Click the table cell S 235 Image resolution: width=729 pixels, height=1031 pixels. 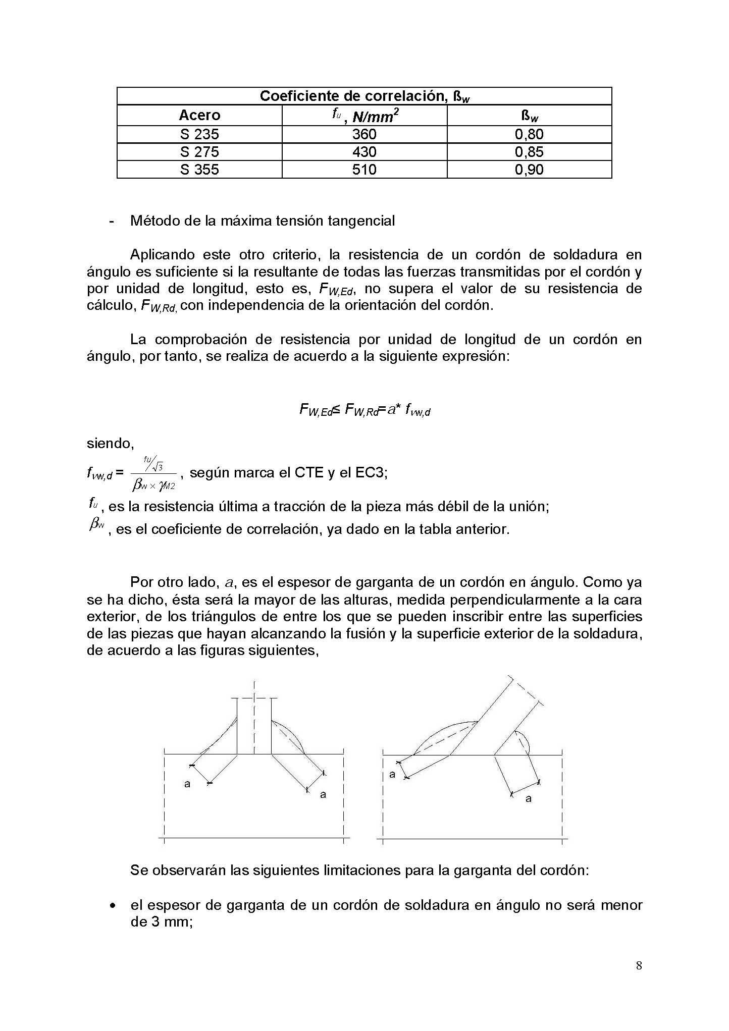click(199, 134)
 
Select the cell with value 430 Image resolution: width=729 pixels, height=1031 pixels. click(364, 152)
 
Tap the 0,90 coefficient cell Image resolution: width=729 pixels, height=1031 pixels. click(529, 170)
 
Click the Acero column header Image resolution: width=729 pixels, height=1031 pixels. click(199, 116)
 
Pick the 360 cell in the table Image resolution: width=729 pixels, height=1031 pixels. click(364, 134)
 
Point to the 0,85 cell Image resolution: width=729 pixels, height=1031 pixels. click(529, 152)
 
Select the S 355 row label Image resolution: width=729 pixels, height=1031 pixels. click(199, 170)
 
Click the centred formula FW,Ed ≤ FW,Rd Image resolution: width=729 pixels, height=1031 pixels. click(364, 410)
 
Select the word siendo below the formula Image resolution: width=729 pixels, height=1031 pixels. click(110, 444)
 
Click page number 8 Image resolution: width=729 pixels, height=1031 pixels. click(639, 966)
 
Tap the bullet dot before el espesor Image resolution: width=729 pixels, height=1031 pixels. click(114, 906)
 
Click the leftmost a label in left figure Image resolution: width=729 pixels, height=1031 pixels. click(187, 784)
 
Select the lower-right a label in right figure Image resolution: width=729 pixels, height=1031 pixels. click(529, 799)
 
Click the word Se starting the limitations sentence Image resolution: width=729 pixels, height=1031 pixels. click(139, 871)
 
